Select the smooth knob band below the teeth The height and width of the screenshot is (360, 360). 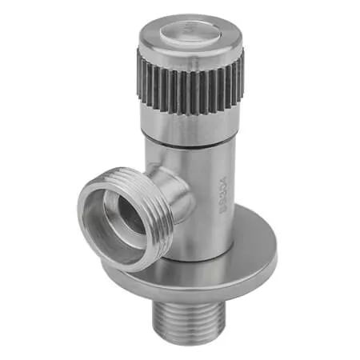coord(190,120)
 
